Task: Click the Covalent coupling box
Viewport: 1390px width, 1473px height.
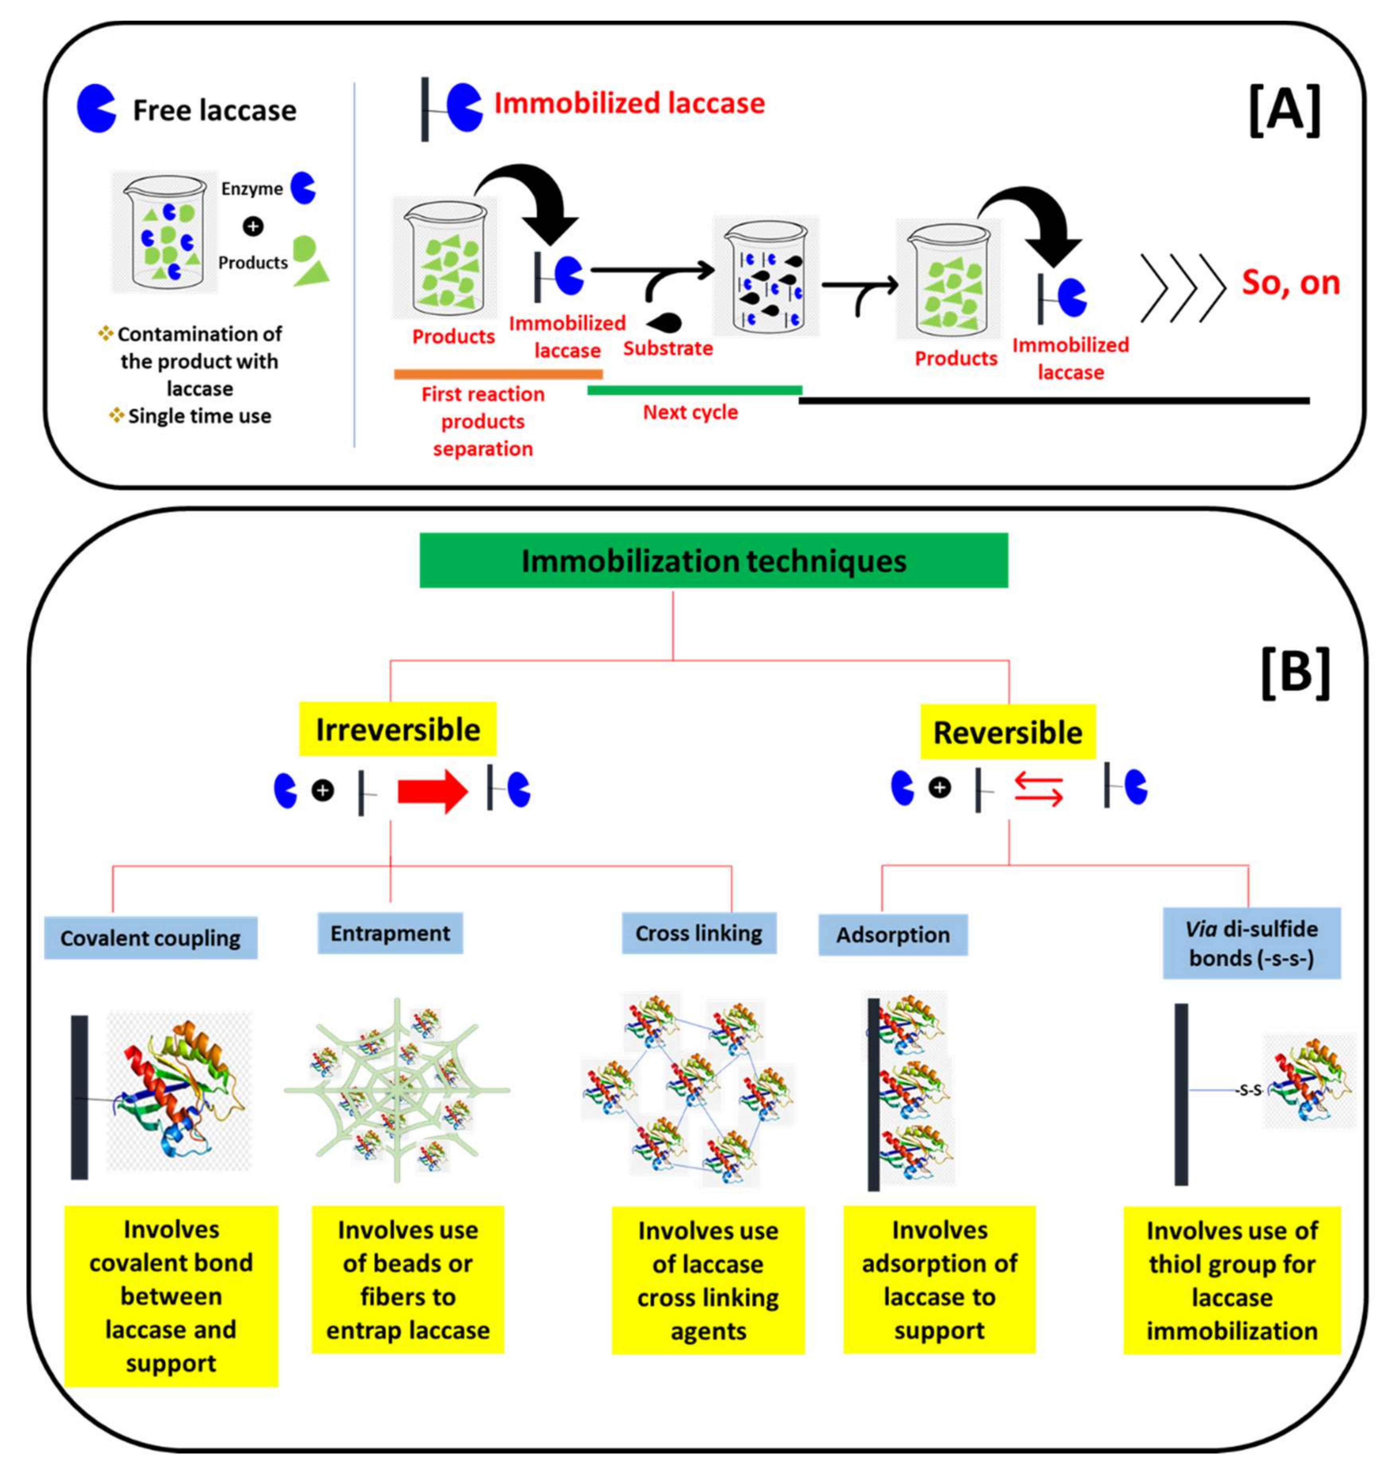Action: click(150, 938)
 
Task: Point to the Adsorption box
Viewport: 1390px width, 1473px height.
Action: click(893, 935)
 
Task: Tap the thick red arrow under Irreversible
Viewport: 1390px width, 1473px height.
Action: click(433, 792)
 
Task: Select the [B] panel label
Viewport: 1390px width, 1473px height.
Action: click(1295, 673)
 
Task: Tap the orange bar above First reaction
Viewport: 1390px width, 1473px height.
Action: click(498, 374)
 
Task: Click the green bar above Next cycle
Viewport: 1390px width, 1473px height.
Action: click(694, 390)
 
